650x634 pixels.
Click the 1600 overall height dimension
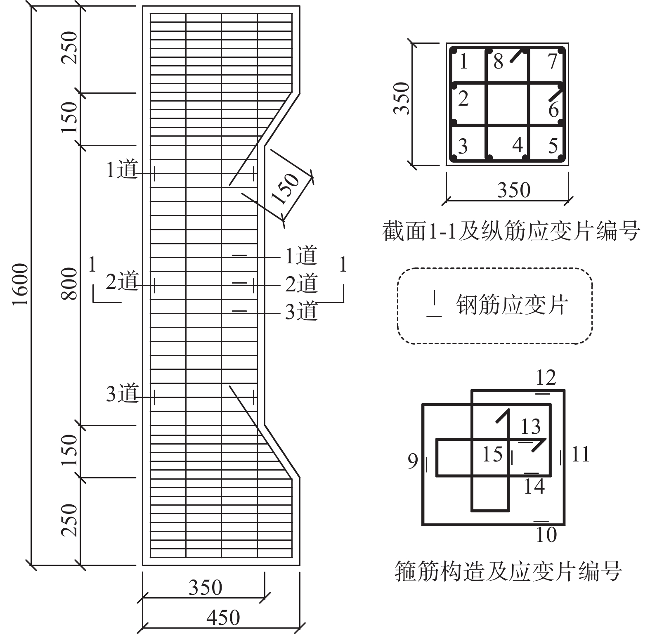20,285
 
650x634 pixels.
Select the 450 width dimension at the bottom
223,617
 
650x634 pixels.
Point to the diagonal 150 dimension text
285,189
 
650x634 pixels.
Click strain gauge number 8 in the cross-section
498,62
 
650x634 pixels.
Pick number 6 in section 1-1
553,110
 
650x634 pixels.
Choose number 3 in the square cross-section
463,146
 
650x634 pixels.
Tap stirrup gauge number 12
546,377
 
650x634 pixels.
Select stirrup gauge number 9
413,461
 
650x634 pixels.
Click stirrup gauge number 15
492,454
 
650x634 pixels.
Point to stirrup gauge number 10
546,535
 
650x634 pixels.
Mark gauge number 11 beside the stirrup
580,454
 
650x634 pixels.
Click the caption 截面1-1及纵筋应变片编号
511,231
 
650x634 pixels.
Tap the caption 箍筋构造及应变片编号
508,571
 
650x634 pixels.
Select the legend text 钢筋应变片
512,305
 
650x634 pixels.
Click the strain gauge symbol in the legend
434,305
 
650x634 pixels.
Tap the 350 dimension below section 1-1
513,190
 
